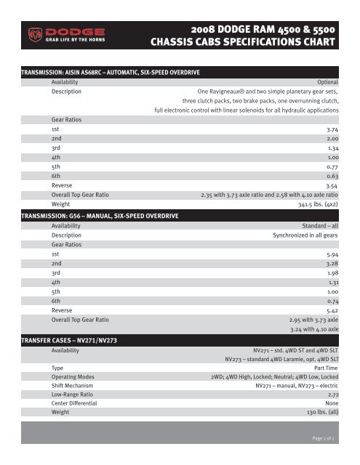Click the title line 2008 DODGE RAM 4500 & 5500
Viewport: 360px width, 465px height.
point(263,29)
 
